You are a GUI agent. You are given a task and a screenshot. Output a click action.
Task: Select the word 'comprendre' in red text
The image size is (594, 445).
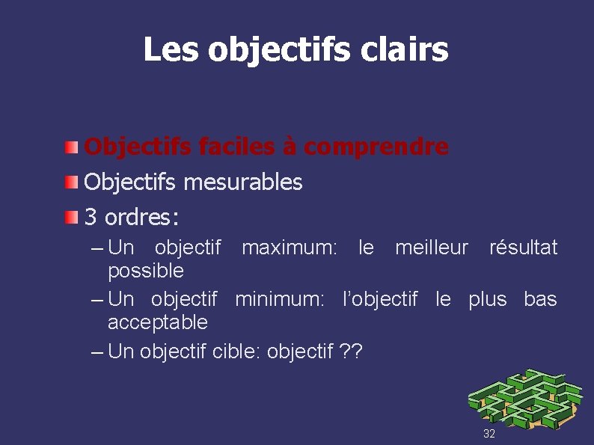387,147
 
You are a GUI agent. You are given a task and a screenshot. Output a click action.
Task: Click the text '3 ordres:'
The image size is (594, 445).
132,218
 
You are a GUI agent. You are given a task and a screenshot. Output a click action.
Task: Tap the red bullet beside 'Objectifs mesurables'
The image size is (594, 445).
70,182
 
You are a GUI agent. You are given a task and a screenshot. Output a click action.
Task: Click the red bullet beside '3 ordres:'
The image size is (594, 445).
70,218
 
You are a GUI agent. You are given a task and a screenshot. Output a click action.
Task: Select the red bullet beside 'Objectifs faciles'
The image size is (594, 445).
70,147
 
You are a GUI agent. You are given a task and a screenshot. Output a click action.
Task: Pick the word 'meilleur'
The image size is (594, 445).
432,248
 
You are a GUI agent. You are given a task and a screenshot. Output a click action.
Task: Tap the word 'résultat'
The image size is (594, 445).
523,248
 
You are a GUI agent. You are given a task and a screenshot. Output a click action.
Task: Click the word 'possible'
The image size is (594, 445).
146,270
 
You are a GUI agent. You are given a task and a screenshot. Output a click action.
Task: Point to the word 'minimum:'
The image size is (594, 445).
280,300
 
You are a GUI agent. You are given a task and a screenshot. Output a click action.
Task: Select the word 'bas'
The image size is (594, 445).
540,300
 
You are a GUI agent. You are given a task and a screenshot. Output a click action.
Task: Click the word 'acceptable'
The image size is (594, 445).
158,322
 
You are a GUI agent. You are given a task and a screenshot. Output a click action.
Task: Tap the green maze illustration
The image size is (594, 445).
524,397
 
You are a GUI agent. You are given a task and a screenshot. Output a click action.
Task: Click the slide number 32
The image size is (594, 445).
489,434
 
